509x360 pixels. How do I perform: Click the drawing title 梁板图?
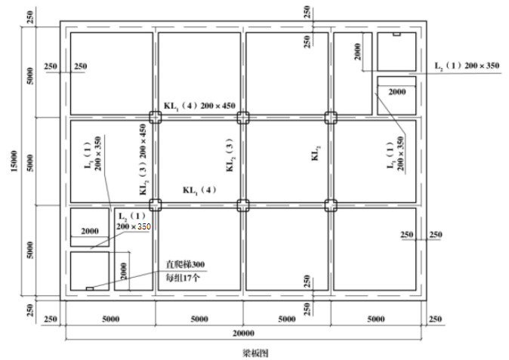[x=255, y=353]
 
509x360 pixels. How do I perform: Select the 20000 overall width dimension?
[x=243, y=333]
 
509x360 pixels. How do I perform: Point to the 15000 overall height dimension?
[x=14, y=162]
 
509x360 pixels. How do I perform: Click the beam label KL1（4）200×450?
[x=199, y=106]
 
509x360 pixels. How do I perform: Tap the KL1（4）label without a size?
[x=199, y=190]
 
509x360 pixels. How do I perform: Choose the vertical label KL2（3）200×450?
[x=143, y=159]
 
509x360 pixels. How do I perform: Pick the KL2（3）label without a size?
[x=230, y=155]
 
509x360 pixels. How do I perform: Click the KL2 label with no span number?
[x=316, y=152]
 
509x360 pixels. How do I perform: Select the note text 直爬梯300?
[x=185, y=265]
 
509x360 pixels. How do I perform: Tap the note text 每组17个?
[x=183, y=278]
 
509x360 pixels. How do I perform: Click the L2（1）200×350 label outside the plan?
[x=467, y=66]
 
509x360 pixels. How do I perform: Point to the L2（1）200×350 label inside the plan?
[x=134, y=221]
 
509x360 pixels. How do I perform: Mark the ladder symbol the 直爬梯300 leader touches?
[x=90, y=288]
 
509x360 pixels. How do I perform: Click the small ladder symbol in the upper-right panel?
[x=396, y=34]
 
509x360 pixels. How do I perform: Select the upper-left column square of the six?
[x=156, y=118]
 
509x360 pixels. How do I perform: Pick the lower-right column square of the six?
[x=331, y=205]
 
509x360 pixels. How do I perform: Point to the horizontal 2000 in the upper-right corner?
[x=397, y=92]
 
